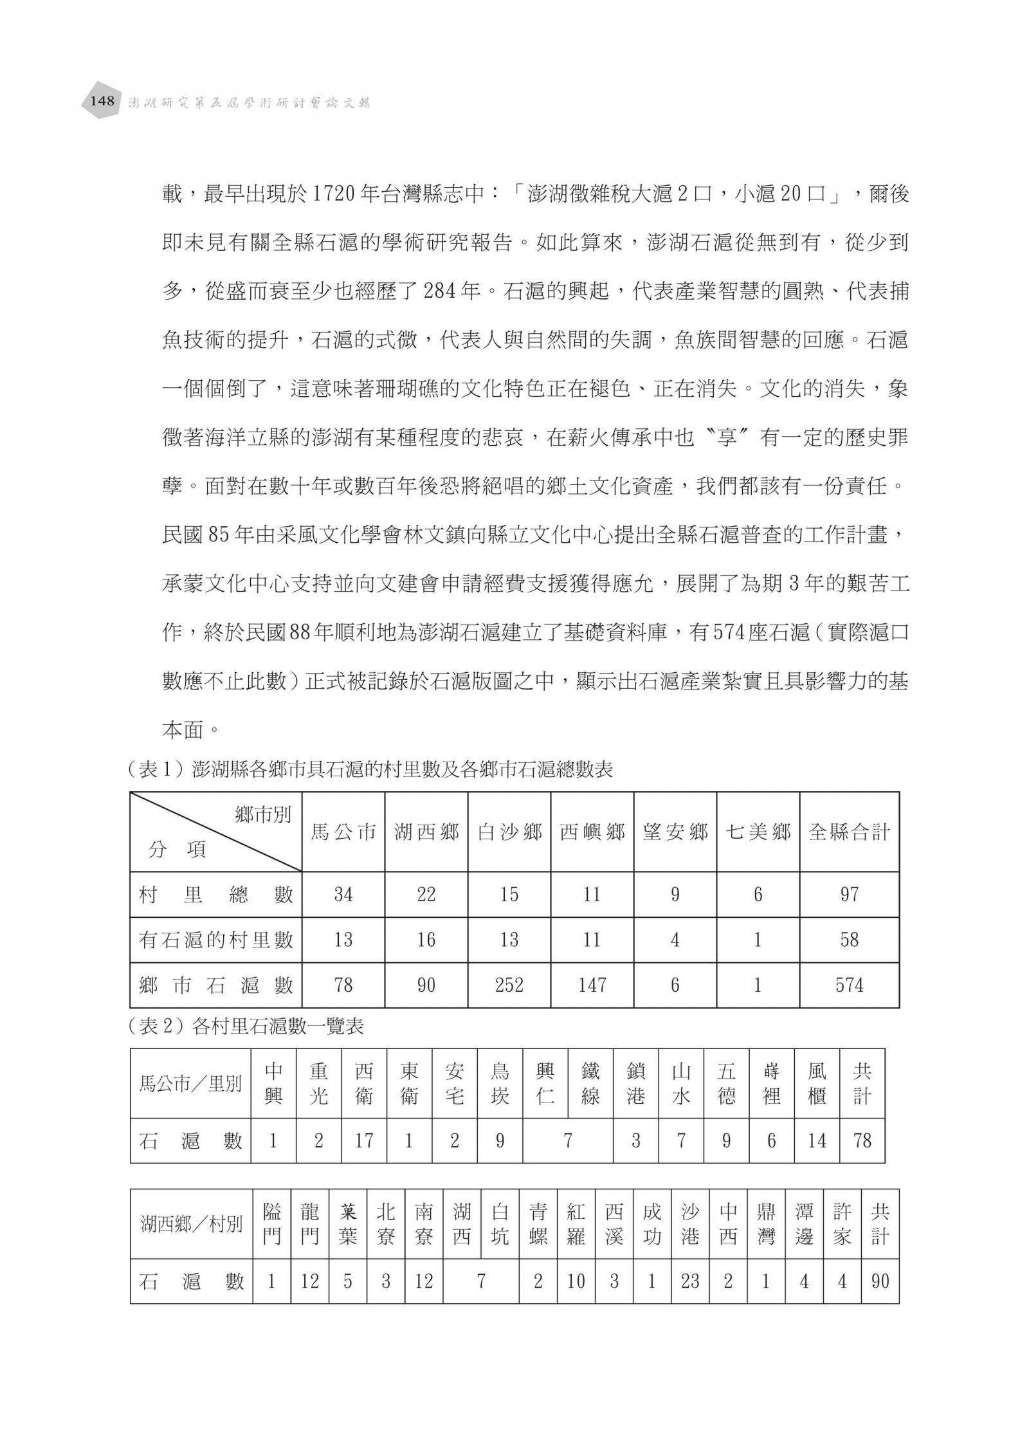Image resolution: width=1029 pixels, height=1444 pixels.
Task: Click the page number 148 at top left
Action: tap(102, 101)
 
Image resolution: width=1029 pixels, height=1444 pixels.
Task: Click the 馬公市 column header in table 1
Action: tap(343, 832)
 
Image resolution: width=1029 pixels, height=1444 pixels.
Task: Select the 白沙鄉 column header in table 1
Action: tap(509, 832)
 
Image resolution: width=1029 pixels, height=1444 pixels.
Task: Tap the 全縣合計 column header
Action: tap(849, 832)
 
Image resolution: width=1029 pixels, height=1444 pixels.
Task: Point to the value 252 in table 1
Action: tap(509, 985)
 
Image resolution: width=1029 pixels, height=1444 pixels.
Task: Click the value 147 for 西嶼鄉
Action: tap(592, 985)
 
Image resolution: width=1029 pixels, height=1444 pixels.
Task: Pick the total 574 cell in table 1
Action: tap(849, 985)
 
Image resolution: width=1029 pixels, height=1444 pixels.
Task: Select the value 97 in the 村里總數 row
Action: tap(849, 894)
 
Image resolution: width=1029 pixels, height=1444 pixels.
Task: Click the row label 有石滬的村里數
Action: tap(216, 940)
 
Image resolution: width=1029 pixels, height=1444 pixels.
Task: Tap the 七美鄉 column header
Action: tap(758, 832)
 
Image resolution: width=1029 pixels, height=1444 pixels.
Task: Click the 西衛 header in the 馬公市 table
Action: tap(364, 1084)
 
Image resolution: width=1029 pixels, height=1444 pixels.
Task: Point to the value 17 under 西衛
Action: tap(364, 1141)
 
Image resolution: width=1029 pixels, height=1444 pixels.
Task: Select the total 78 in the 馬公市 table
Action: tap(862, 1141)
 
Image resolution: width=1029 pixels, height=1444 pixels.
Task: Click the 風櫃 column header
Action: tap(817, 1084)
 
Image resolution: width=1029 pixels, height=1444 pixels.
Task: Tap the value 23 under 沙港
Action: tap(689, 1281)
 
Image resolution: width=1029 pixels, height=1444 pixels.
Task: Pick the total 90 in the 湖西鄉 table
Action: tap(880, 1281)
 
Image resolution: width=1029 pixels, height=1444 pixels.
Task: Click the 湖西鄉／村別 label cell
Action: tap(192, 1224)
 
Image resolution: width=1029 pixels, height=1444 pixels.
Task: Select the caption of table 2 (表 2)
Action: tap(246, 1027)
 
